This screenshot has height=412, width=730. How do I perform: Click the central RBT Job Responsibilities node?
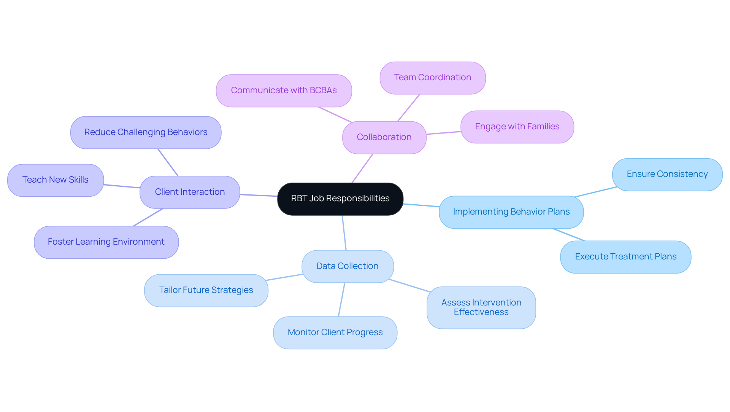(x=340, y=199)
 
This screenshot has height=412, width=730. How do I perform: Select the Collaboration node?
(x=384, y=137)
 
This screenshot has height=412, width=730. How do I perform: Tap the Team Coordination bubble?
(x=432, y=78)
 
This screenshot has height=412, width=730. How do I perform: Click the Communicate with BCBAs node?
(x=284, y=91)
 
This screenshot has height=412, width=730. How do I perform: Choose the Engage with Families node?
(x=517, y=127)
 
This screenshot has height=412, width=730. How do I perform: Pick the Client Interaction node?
(x=190, y=192)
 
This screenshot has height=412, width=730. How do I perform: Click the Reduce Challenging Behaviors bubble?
(x=146, y=132)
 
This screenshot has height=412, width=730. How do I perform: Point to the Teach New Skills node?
(x=56, y=180)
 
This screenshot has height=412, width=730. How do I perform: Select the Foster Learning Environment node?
(x=106, y=242)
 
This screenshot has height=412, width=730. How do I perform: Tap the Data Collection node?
(x=347, y=266)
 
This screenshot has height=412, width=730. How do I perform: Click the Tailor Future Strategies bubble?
(x=206, y=290)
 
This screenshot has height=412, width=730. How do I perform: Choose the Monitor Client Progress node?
(x=335, y=332)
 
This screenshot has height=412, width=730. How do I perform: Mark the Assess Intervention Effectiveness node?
(x=481, y=307)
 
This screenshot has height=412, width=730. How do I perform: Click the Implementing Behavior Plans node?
(x=511, y=212)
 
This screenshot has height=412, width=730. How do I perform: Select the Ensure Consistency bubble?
(x=667, y=174)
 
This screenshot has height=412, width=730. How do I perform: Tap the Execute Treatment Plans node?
(x=625, y=257)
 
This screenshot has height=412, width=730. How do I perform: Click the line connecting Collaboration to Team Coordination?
(x=408, y=108)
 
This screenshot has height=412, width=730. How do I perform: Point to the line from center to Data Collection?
(x=344, y=233)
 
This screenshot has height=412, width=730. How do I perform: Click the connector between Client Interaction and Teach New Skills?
(x=122, y=186)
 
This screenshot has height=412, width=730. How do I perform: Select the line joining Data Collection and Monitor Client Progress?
(x=341, y=300)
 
